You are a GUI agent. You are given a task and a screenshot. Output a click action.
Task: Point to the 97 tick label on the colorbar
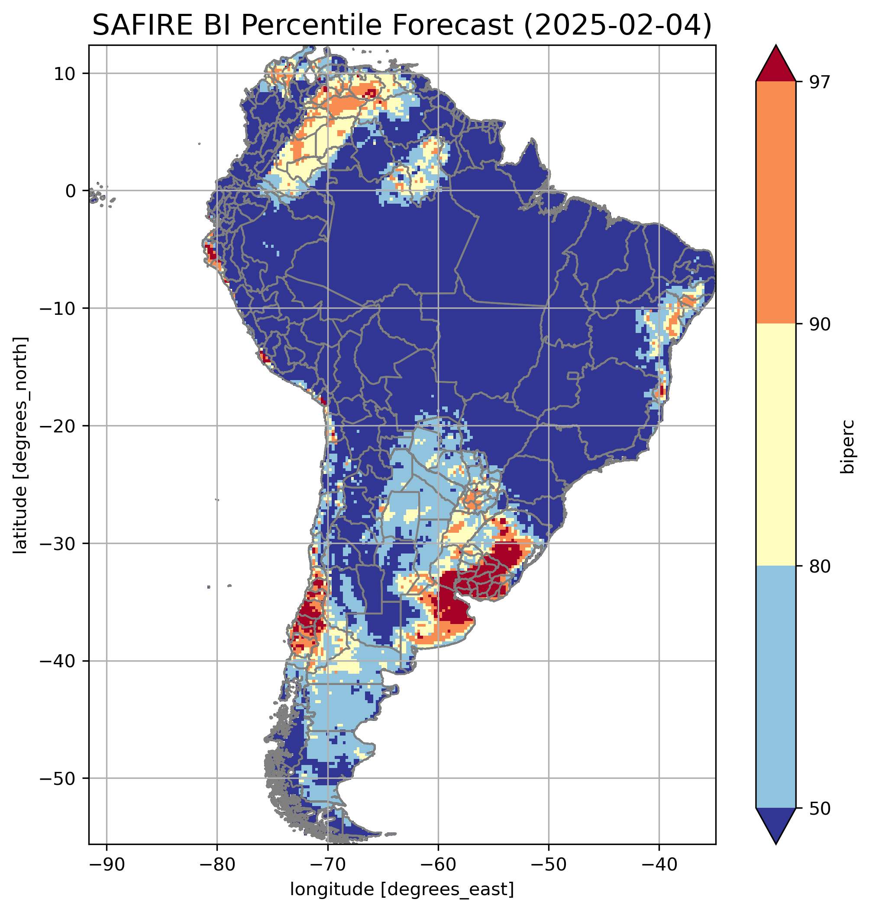tap(818, 82)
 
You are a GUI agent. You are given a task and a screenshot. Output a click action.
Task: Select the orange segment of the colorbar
tap(775, 202)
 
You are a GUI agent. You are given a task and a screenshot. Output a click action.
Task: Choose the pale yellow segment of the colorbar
tap(775, 444)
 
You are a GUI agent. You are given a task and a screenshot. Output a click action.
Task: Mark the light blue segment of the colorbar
tap(775, 687)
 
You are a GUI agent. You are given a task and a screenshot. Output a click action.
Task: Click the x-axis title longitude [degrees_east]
tap(402, 888)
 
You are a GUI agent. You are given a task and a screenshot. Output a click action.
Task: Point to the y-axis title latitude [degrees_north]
tap(20, 445)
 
